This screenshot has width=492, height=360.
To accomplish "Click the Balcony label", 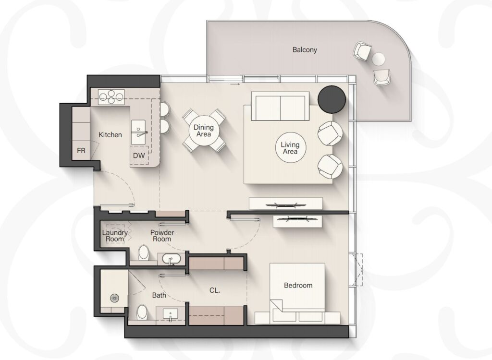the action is [304, 49].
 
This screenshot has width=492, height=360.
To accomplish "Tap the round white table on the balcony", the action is [379, 59].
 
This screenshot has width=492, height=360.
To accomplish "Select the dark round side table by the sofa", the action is [332, 99].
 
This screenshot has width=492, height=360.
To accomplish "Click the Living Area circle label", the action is [290, 148].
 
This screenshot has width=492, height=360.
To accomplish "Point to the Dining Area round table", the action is [204, 131].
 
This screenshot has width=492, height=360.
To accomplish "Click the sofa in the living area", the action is [280, 106].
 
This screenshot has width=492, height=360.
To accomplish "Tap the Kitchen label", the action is [110, 135].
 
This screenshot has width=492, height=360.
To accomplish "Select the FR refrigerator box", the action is [81, 151].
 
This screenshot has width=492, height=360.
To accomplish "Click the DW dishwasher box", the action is [139, 155].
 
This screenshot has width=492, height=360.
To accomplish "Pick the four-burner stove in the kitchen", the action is [111, 96].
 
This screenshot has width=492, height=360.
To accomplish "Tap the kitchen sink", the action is [138, 132].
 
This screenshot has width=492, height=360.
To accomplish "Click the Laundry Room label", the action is [115, 236].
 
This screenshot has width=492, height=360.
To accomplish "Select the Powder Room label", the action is [162, 236].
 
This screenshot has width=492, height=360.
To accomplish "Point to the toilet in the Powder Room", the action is [144, 253].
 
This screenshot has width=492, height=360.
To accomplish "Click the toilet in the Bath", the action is [142, 312].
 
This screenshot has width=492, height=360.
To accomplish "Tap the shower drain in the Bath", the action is [114, 298].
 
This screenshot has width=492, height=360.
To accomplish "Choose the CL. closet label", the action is [215, 291].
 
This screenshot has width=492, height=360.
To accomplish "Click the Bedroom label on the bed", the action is [298, 286].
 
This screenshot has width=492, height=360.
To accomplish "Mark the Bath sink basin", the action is [171, 313].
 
